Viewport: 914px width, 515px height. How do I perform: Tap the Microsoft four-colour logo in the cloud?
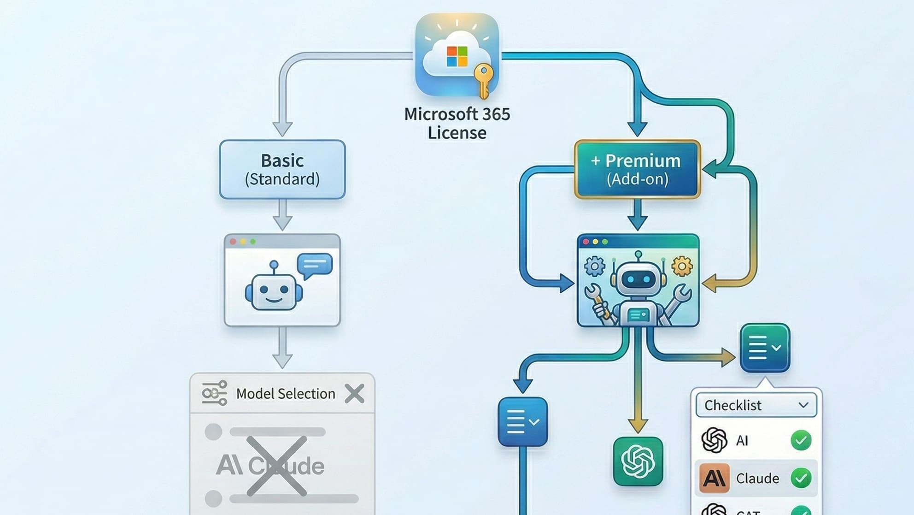457,56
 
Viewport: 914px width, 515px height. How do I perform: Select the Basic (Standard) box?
282,169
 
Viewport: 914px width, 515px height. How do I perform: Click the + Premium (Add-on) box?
638,169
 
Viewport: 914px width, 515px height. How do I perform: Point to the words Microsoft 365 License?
457,123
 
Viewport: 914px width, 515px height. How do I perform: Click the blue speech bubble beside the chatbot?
315,265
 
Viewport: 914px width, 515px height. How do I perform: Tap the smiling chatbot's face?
274,291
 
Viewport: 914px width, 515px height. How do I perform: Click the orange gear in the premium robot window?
682,266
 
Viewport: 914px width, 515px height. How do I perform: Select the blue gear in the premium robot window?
594,266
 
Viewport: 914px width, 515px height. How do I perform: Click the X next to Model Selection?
354,394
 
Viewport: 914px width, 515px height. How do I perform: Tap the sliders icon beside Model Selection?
214,393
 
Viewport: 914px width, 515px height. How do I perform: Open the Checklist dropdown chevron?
803,405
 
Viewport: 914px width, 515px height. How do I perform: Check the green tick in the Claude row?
801,478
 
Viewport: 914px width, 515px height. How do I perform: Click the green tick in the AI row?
801,440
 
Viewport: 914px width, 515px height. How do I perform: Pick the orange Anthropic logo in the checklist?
714,478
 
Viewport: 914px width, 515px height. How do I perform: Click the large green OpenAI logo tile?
638,461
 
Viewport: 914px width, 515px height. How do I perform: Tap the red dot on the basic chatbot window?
233,242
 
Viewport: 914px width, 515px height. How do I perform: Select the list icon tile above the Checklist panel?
765,348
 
